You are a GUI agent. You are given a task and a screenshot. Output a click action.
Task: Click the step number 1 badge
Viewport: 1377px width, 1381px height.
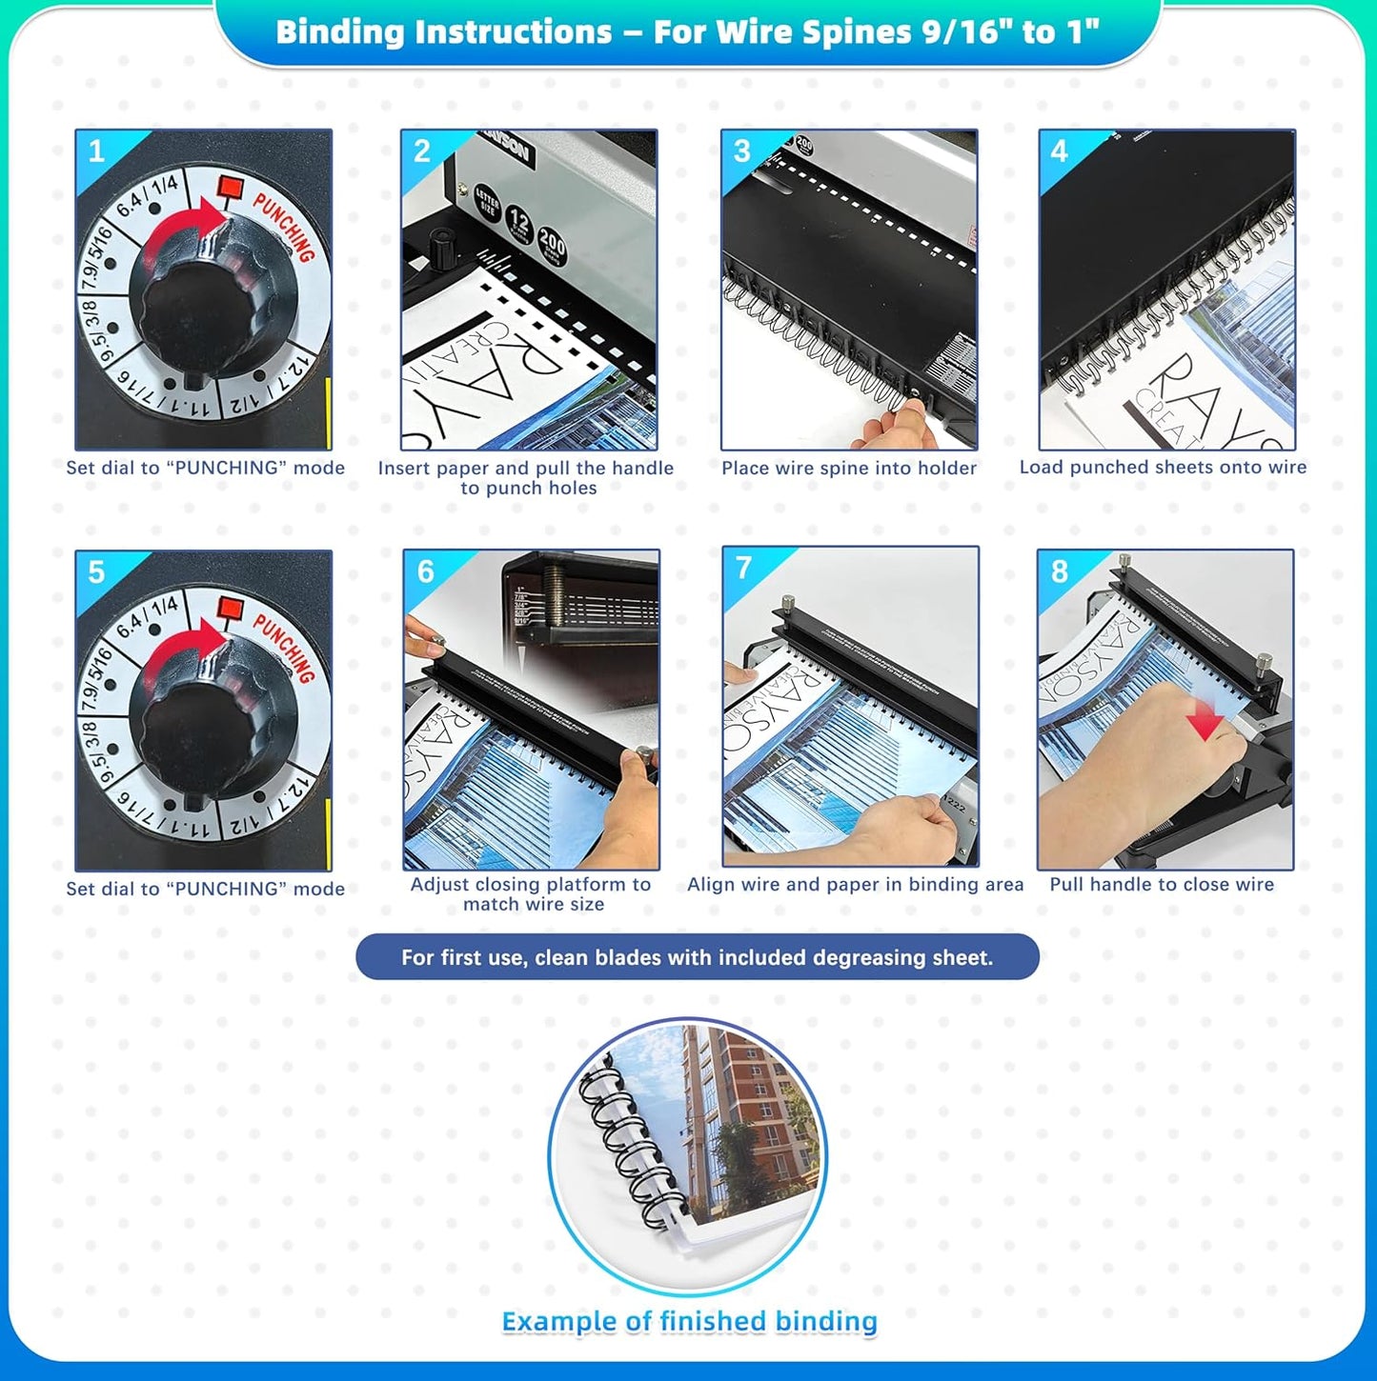(96, 151)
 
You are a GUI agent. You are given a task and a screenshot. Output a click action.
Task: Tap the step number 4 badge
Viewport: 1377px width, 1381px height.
(1059, 150)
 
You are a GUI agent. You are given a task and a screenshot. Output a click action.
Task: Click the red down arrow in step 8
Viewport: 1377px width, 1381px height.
(1205, 723)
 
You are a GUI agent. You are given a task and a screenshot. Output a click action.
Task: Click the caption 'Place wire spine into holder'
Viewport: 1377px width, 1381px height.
(849, 468)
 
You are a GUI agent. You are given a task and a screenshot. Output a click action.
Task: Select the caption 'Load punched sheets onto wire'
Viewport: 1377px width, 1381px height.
(1163, 467)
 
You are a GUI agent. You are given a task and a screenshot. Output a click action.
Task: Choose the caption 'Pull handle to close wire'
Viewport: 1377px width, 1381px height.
(1162, 884)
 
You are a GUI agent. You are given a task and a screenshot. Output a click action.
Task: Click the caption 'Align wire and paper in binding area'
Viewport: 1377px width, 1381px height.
(855, 884)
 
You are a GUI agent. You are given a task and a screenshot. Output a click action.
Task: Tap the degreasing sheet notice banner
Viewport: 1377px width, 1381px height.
(697, 957)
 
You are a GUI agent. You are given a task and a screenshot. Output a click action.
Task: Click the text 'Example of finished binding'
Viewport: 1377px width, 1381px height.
(689, 1321)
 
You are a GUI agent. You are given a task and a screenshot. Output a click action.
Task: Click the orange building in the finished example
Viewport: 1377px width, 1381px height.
(744, 1105)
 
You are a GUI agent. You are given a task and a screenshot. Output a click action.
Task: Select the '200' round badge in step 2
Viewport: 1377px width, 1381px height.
(552, 246)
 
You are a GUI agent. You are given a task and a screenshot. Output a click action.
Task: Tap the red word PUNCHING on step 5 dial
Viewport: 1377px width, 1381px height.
(284, 647)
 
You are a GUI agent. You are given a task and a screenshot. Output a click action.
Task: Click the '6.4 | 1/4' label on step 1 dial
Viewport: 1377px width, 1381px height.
(148, 194)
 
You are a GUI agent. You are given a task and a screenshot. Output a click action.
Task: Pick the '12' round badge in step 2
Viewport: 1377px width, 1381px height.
(519, 224)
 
